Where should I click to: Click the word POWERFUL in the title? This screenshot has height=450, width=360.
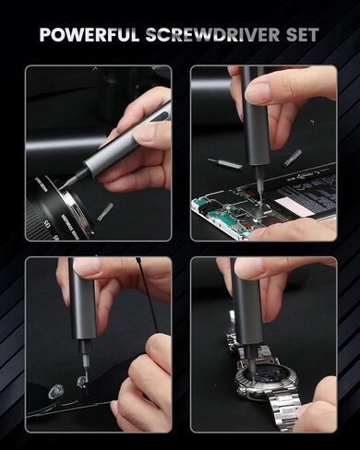click(90, 36)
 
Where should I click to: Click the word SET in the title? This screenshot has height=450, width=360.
click(301, 36)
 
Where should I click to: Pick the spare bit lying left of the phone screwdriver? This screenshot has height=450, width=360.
click(224, 165)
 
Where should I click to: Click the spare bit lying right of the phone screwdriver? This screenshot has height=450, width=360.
click(293, 158)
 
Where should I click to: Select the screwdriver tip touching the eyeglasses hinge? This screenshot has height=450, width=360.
click(84, 369)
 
